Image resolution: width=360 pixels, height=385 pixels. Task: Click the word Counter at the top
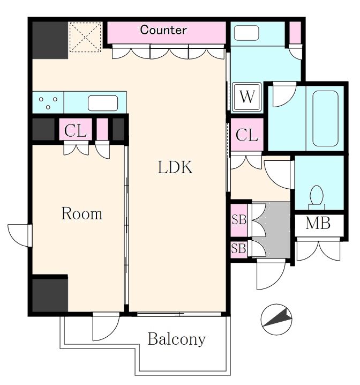point(163,30)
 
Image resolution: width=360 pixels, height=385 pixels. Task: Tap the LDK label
point(175,167)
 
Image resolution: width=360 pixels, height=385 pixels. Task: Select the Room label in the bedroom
point(81,213)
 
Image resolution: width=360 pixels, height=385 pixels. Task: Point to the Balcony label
point(177,339)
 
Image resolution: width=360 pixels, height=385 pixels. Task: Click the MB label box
point(319,223)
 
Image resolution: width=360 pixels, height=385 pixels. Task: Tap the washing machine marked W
point(247,97)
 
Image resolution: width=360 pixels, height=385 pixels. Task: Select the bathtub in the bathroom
point(325,119)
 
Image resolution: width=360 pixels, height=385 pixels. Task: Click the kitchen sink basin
point(103,103)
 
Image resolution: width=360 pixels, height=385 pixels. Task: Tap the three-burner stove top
point(48,102)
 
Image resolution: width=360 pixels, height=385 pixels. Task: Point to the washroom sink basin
point(246,33)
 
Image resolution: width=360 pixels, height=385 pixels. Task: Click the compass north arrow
point(276,320)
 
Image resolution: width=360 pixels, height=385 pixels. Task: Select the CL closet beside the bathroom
point(247,135)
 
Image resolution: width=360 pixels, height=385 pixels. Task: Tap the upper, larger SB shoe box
point(239,219)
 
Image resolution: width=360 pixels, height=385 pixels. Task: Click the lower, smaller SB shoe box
point(239,248)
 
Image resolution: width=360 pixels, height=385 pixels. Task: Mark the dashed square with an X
point(85,37)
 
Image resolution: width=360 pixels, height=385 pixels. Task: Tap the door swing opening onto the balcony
point(106,327)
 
